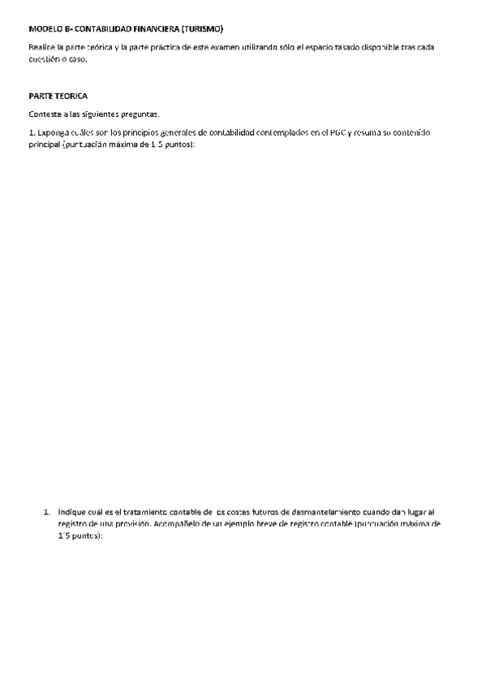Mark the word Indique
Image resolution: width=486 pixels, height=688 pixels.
tap(71, 513)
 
